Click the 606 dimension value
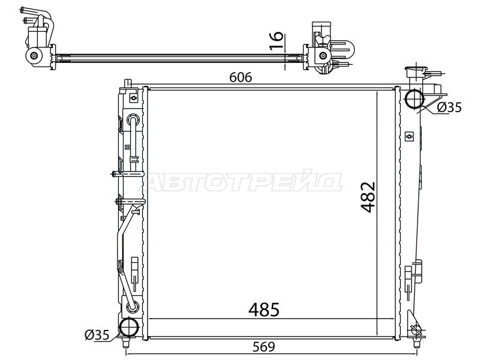click(x=241, y=77)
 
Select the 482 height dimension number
click(x=368, y=197)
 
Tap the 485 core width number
click(x=264, y=310)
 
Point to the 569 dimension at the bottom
click(x=264, y=347)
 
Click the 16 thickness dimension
click(x=276, y=41)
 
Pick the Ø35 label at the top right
click(x=449, y=107)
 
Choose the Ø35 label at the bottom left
click(x=97, y=335)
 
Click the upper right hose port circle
click(x=415, y=99)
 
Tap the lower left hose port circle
click(x=129, y=327)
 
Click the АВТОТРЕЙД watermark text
click(x=240, y=181)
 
